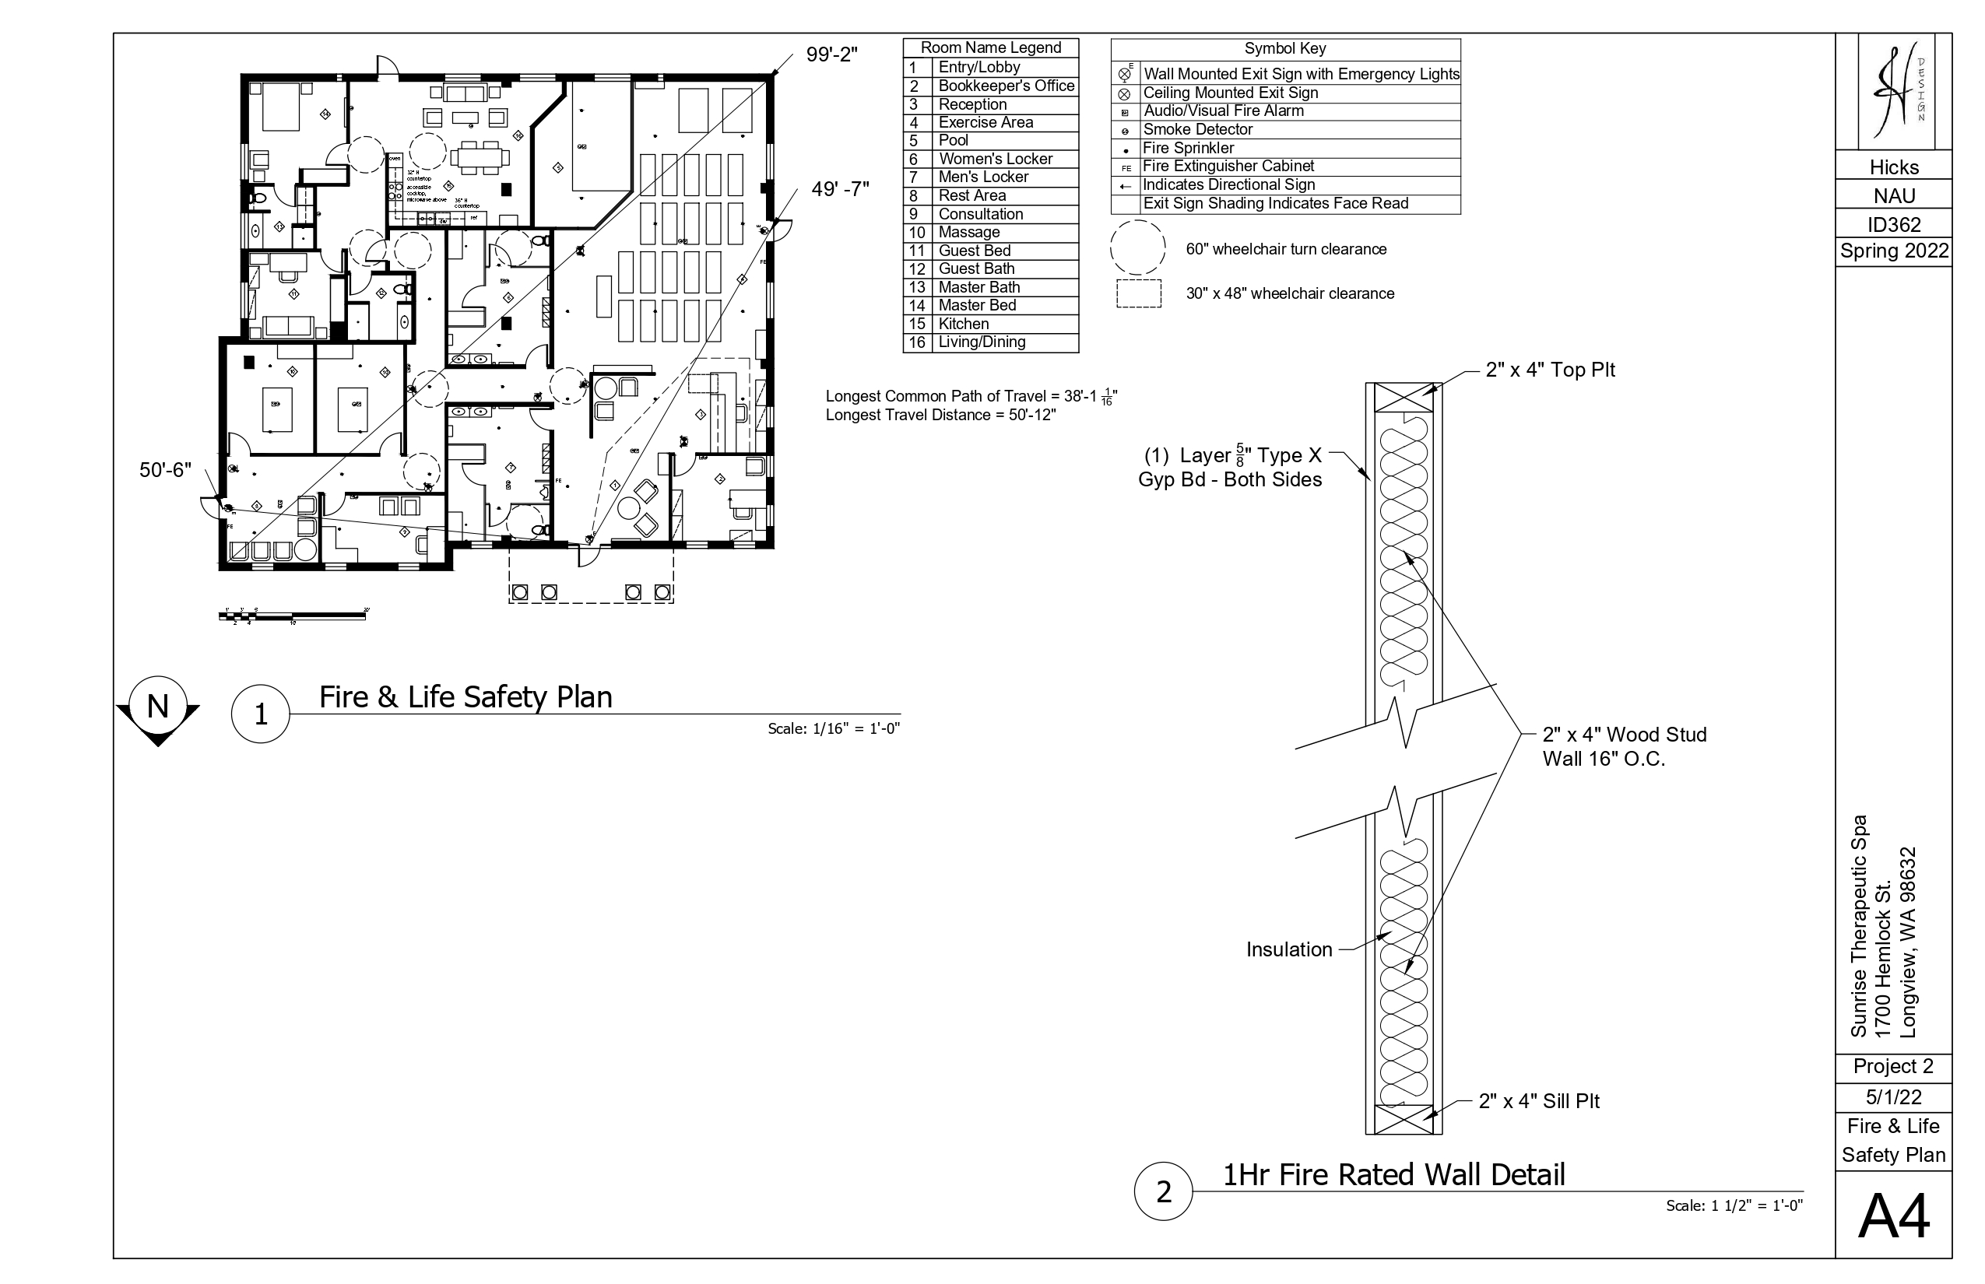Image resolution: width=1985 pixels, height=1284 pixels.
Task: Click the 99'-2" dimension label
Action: click(831, 55)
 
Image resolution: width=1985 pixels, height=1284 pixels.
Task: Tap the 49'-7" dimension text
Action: click(840, 189)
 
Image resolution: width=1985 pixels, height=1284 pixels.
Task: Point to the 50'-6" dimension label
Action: click(165, 470)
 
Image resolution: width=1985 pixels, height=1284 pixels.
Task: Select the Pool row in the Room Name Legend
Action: click(990, 141)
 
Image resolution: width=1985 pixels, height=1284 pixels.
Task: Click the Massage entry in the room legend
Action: click(990, 233)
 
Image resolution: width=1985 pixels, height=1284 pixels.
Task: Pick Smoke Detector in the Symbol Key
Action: click(1197, 129)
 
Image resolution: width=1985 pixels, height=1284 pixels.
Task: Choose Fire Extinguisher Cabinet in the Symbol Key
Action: click(1228, 167)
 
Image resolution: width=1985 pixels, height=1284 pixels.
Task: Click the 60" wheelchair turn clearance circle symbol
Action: click(1137, 247)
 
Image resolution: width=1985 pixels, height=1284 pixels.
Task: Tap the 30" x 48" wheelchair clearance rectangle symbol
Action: click(1138, 293)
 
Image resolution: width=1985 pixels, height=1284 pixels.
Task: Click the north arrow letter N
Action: click(157, 707)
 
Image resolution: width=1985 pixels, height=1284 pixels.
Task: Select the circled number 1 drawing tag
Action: click(260, 714)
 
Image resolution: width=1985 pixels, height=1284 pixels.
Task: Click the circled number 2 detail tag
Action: click(1164, 1191)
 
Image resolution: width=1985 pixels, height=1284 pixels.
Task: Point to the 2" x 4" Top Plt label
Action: click(1550, 370)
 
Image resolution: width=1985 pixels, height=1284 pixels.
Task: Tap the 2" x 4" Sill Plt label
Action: click(1539, 1101)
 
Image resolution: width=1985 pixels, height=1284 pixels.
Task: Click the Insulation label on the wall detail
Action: click(1288, 949)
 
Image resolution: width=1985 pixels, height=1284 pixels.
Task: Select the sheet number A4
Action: click(1893, 1217)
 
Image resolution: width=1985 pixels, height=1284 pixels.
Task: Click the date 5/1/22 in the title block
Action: click(1893, 1097)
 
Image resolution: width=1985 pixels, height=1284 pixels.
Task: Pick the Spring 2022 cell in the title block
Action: click(1894, 251)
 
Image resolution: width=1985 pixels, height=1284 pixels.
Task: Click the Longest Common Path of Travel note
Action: click(971, 397)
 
